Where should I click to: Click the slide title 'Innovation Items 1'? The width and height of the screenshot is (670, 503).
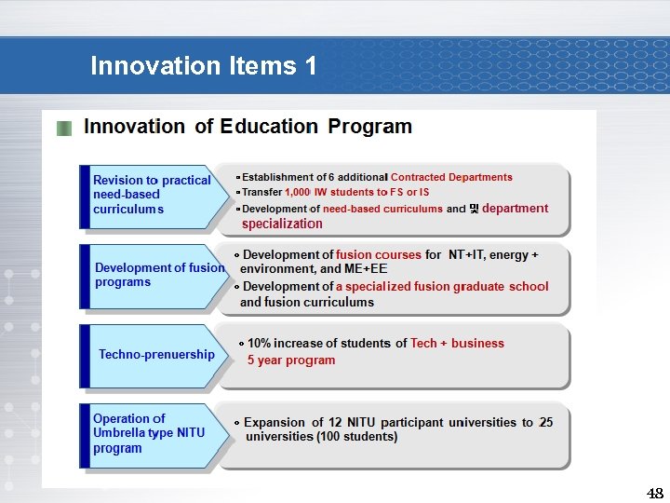pyautogui.click(x=203, y=66)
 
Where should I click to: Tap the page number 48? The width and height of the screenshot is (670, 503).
pyautogui.click(x=655, y=493)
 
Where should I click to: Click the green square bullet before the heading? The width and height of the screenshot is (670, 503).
pyautogui.click(x=63, y=129)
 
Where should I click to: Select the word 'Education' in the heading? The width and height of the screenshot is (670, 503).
pyautogui.click(x=269, y=127)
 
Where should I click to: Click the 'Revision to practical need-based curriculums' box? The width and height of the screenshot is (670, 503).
pyautogui.click(x=152, y=195)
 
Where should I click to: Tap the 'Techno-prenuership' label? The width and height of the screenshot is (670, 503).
pyautogui.click(x=156, y=354)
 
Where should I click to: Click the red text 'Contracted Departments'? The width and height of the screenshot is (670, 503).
pyautogui.click(x=451, y=177)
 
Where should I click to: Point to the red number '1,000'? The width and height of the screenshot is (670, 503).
pyautogui.click(x=298, y=192)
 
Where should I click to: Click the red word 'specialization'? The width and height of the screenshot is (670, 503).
pyautogui.click(x=282, y=224)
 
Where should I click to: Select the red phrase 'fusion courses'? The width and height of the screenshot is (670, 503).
pyautogui.click(x=378, y=254)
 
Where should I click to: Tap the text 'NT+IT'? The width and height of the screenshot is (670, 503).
pyautogui.click(x=465, y=254)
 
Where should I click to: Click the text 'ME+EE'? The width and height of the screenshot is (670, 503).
pyautogui.click(x=366, y=269)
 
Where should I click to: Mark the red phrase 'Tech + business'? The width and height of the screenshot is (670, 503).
pyautogui.click(x=457, y=343)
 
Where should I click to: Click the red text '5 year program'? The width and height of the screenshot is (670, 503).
pyautogui.click(x=290, y=360)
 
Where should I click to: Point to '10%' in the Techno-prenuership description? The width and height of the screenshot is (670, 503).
pyautogui.click(x=260, y=343)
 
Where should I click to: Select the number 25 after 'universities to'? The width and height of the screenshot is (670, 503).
pyautogui.click(x=545, y=422)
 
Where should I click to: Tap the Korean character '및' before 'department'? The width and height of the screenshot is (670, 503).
pyautogui.click(x=474, y=209)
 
